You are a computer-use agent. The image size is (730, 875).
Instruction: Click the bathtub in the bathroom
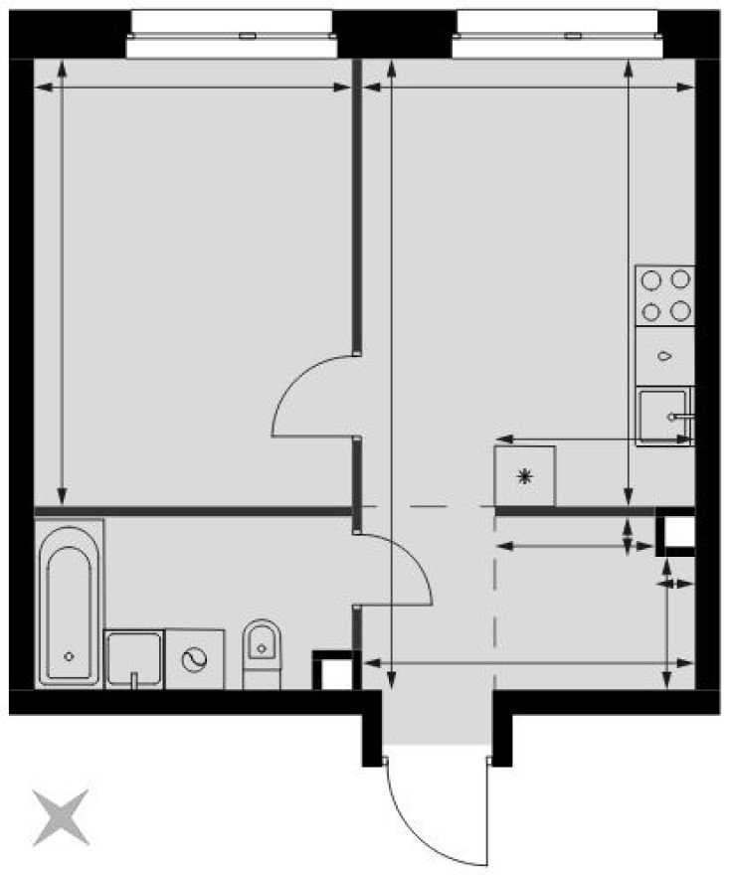[70, 607]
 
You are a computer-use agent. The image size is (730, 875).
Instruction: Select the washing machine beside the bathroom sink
[195, 658]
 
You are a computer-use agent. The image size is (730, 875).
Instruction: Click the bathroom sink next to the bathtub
[134, 658]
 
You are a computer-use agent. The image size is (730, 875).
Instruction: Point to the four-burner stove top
[665, 296]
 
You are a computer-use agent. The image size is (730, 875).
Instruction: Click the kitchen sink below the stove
[663, 416]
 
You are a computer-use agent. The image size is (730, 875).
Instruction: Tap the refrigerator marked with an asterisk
[525, 476]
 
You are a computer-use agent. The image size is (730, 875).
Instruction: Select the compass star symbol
[60, 817]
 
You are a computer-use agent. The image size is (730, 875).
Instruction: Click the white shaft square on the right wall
[679, 533]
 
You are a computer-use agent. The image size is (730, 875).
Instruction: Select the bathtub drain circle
[69, 656]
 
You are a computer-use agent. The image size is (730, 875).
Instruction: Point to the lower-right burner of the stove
[680, 311]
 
